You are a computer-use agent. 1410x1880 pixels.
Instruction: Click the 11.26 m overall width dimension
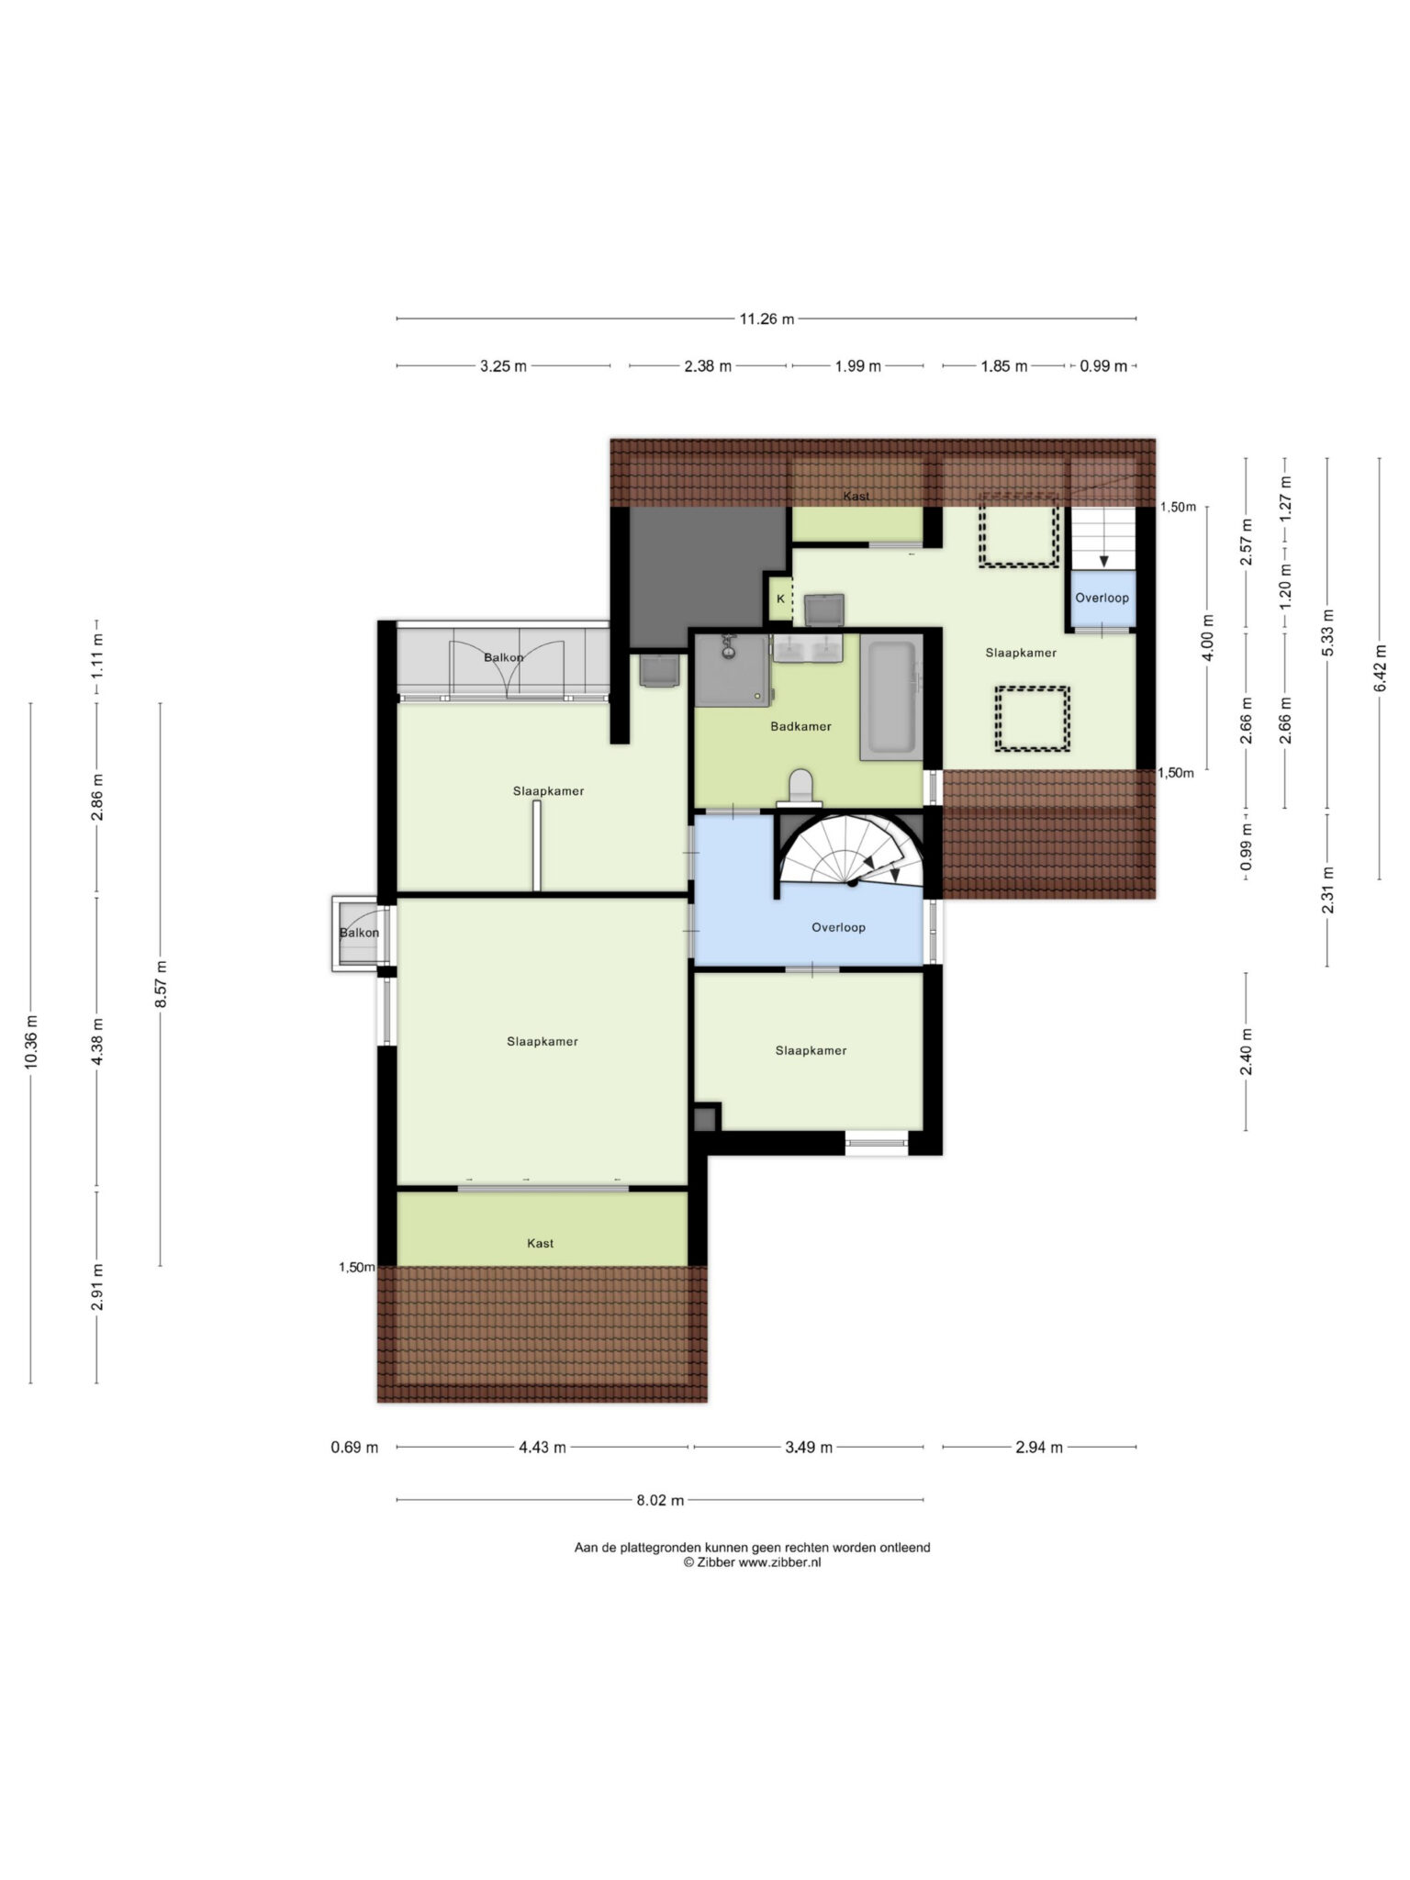point(767,319)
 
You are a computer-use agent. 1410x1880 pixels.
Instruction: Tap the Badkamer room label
point(800,726)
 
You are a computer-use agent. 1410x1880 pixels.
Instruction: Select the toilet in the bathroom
point(801,787)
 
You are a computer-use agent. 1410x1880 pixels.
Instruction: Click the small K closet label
point(780,599)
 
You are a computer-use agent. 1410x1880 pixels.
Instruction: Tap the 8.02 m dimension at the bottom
point(660,1501)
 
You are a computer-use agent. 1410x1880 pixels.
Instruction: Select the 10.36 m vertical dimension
point(30,1043)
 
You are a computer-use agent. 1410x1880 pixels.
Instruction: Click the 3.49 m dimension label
point(809,1448)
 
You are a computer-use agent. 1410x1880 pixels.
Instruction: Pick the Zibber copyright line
point(752,1562)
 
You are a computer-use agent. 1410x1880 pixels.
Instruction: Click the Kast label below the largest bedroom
point(541,1243)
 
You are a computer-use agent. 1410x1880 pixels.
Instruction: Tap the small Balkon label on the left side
point(359,933)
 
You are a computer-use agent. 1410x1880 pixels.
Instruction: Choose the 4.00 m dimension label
point(1207,637)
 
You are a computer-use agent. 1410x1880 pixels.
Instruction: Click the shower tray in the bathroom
point(732,670)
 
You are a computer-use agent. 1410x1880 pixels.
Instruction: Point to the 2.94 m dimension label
point(1039,1448)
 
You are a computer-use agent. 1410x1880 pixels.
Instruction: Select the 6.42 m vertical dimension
point(1380,668)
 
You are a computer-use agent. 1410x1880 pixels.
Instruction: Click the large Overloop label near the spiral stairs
point(838,927)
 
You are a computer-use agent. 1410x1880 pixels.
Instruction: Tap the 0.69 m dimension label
point(354,1448)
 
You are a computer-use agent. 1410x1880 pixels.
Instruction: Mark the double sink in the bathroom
point(808,648)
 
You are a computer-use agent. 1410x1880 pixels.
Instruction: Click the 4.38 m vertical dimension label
point(97,1042)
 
